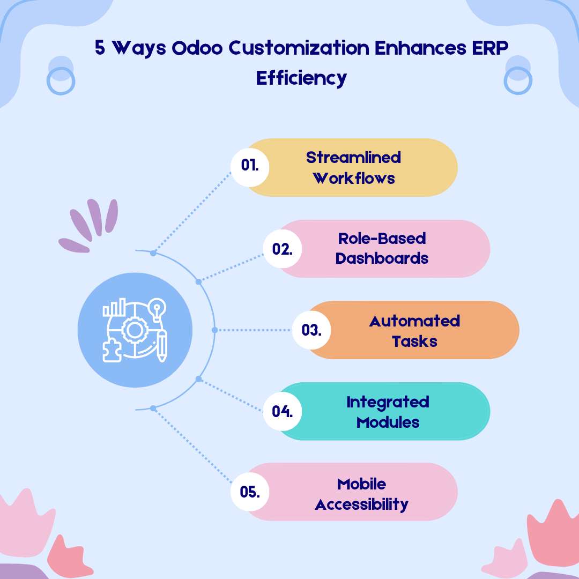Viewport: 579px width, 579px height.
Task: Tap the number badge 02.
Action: [282, 249]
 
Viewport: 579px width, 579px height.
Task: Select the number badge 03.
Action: [311, 330]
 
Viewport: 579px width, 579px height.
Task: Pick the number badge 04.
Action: [282, 412]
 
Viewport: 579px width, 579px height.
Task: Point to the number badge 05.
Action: [249, 492]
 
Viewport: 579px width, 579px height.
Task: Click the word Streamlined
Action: [353, 158]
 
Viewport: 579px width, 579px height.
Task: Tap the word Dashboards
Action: [382, 258]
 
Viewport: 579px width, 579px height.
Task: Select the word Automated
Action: [414, 321]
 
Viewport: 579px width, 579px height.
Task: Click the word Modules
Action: [388, 422]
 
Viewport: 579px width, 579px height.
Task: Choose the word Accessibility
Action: [361, 504]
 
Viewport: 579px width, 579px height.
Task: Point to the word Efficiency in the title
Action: [301, 78]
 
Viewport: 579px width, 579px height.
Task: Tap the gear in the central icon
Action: [132, 331]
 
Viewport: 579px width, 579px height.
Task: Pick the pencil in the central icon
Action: [161, 346]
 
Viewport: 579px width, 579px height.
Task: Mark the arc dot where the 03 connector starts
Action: [214, 330]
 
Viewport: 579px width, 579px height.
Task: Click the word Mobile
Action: [361, 484]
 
